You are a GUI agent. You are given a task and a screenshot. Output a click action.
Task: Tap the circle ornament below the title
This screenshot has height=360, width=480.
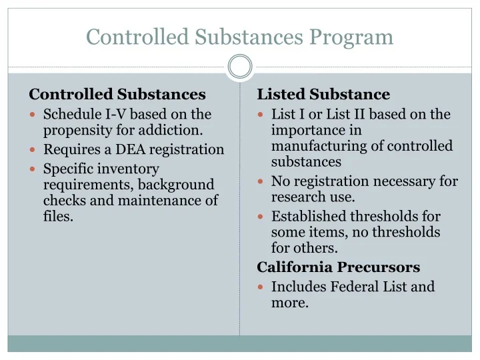point(240,67)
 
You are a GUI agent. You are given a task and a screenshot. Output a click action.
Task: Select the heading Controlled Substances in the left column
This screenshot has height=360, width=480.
point(117,95)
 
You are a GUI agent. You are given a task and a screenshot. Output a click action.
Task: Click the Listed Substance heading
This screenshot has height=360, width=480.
point(323,95)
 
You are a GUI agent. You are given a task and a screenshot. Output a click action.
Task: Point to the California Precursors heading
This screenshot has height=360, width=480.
point(339,267)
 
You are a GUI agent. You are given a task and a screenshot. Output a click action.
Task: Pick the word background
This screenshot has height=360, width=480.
point(176,184)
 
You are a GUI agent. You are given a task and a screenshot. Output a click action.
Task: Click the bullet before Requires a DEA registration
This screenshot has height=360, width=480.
point(33,149)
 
